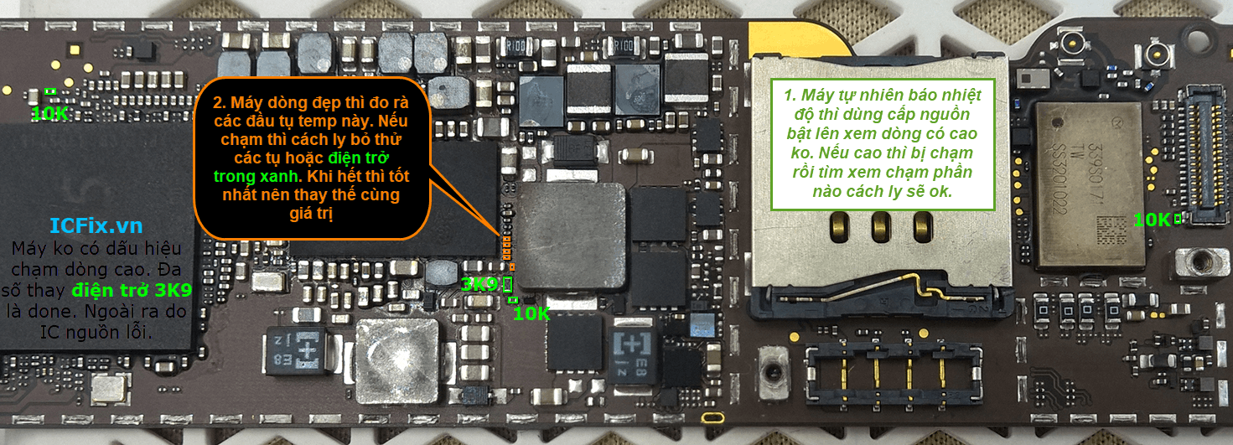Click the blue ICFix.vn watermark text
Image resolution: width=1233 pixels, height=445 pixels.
coord(96,226)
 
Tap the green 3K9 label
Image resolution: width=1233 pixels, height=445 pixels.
coord(479,285)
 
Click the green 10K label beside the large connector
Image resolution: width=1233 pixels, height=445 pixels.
coord(1152,220)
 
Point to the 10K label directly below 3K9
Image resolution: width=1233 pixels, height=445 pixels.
coord(531,313)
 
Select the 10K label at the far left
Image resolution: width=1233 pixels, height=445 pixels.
coord(49,113)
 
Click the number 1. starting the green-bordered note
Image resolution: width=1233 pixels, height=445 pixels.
coord(790,94)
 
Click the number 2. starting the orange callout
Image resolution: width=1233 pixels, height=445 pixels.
coord(219,103)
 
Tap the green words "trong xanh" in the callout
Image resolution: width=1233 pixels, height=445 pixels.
coord(255,177)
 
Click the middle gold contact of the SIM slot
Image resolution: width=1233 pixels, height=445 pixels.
coord(880,224)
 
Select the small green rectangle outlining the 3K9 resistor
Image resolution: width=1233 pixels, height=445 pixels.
coord(507,285)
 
